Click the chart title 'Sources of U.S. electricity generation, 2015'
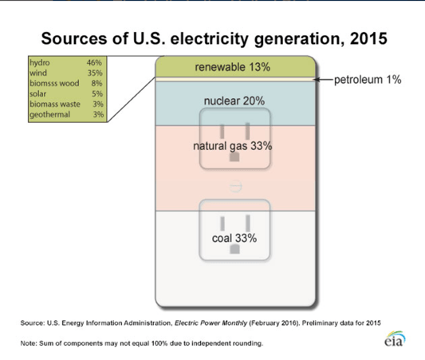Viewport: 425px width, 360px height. click(x=214, y=38)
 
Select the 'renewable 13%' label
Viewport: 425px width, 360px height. click(x=233, y=67)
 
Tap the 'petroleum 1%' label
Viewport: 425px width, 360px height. click(x=368, y=80)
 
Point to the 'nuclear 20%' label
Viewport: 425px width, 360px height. click(x=234, y=101)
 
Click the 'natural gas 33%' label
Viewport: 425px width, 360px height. click(x=233, y=146)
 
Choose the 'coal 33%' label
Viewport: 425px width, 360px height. click(x=234, y=238)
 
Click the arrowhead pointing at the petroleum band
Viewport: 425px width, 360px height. click(x=316, y=80)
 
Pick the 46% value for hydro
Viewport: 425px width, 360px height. click(x=94, y=62)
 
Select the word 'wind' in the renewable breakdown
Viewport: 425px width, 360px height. click(x=38, y=73)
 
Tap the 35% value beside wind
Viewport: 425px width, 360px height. click(x=95, y=73)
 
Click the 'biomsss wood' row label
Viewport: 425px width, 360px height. click(x=54, y=83)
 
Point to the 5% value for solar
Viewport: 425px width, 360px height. click(x=97, y=93)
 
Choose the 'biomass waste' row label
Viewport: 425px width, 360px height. click(x=55, y=104)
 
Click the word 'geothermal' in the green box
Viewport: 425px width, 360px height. click(x=50, y=114)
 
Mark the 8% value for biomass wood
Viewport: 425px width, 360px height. click(x=96, y=83)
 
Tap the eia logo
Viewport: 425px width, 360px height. click(x=395, y=338)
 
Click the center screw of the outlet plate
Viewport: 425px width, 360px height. click(x=235, y=186)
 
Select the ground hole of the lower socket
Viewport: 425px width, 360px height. click(x=234, y=249)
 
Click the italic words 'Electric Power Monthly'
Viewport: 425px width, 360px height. click(x=211, y=322)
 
